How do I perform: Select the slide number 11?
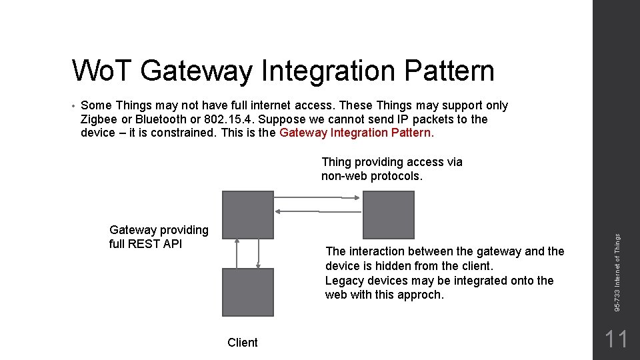616,339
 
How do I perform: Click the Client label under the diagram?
242,343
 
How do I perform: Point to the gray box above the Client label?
247,291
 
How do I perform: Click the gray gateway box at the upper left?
247,214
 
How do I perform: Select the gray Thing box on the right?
388,214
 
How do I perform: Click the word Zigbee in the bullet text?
99,119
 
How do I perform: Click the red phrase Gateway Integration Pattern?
357,133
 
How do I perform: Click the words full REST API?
145,244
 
